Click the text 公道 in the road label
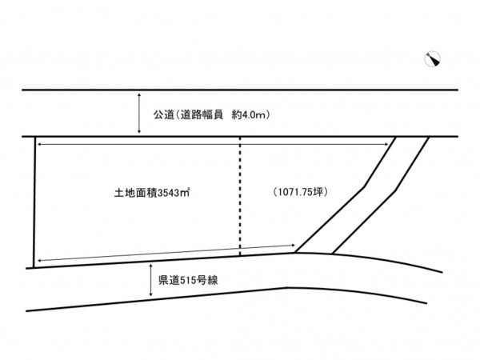tap(163, 115)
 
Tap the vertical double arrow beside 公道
tap(140, 114)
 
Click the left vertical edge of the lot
tap(34, 200)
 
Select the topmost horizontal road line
tap(240, 91)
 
